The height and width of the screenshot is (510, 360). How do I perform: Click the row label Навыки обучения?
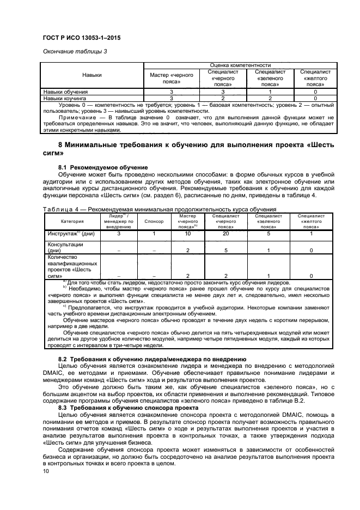pos(66,92)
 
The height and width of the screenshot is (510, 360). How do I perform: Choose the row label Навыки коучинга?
pos(66,98)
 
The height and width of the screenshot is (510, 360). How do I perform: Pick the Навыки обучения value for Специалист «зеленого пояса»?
pos(270,92)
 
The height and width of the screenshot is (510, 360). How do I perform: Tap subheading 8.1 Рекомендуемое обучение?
pos(103,166)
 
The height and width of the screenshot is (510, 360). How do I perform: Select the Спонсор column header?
pos(154,222)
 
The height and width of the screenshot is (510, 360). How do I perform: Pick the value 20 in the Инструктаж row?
pos(225,233)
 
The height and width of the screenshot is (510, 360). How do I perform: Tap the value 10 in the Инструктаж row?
pos(187,233)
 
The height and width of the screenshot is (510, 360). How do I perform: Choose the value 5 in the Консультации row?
pos(225,250)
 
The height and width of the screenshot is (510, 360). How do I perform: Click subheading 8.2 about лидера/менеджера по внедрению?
pos(152,359)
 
